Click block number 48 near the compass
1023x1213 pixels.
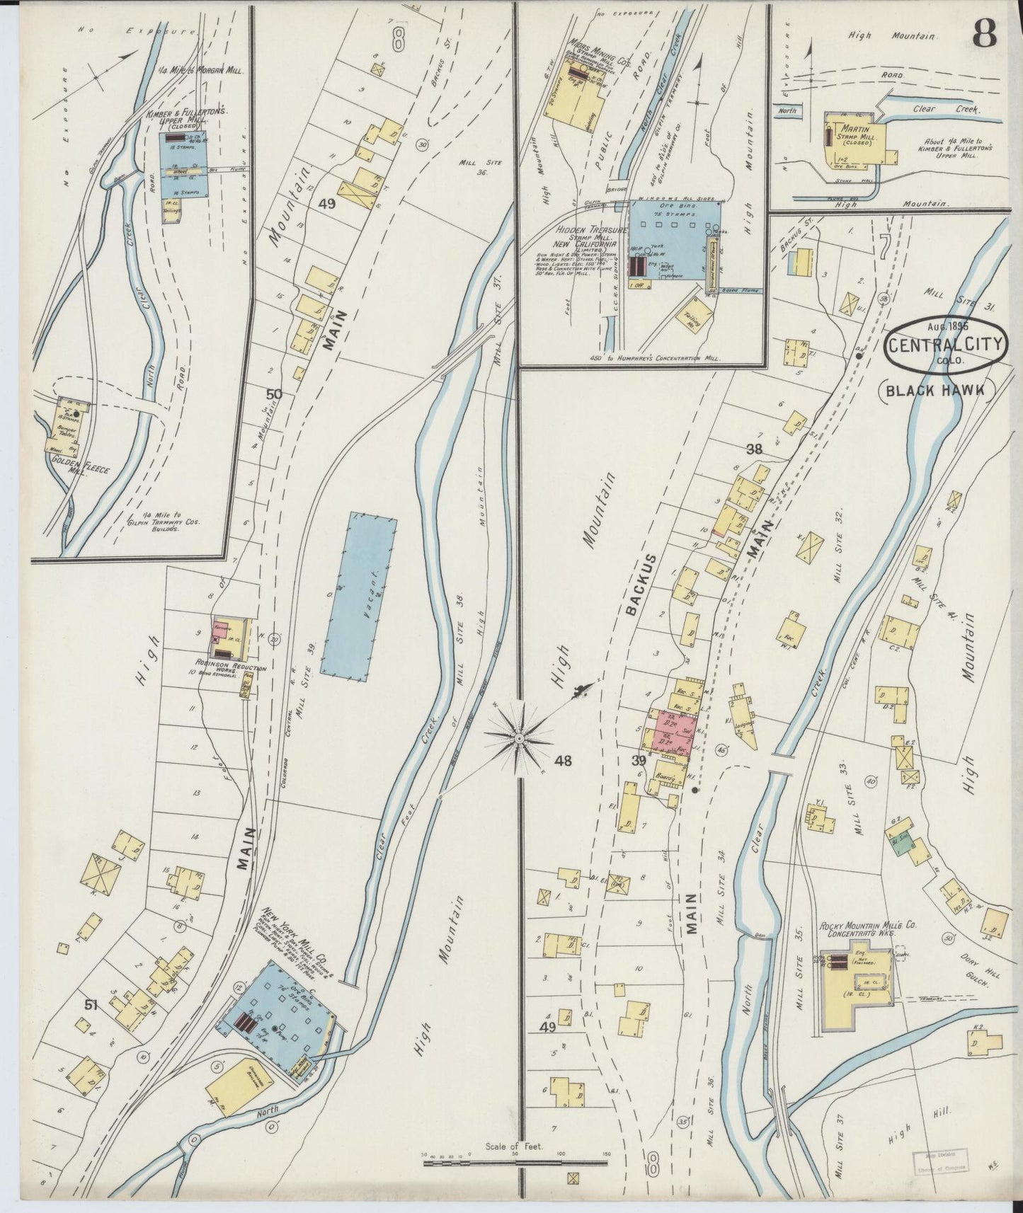click(x=563, y=761)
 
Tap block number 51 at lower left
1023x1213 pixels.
click(x=91, y=1005)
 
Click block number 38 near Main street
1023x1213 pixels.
click(x=754, y=448)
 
